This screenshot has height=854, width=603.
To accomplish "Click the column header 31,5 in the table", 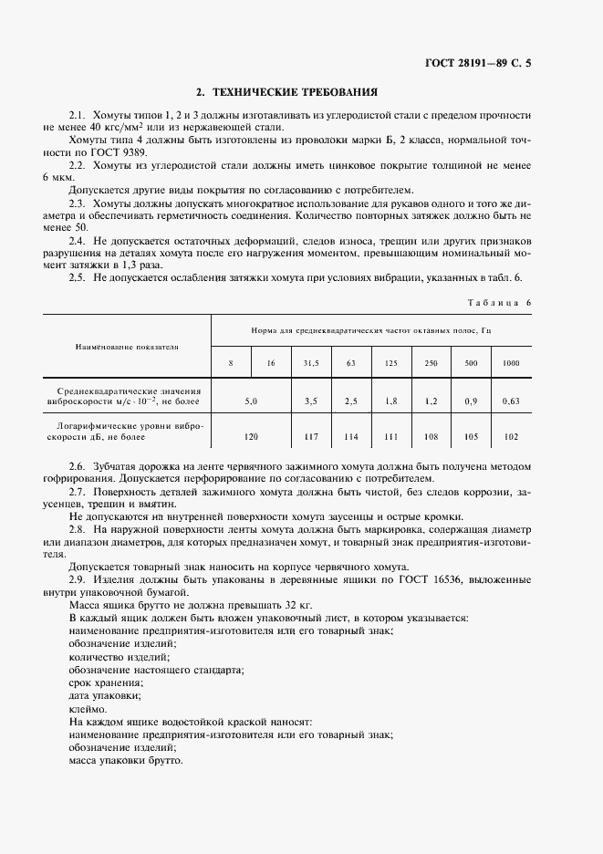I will point(311,363).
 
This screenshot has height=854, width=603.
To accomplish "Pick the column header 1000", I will point(511,363).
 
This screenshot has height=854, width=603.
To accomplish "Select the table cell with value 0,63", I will point(511,401).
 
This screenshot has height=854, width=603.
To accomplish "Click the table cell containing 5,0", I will point(252,401).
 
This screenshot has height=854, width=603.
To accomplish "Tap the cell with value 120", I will point(252,436).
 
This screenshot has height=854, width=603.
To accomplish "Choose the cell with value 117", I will point(311,436).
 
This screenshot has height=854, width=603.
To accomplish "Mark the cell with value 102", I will point(511,436).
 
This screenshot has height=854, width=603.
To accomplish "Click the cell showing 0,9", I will point(471,401).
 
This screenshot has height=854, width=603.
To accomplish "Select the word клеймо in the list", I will point(88,708).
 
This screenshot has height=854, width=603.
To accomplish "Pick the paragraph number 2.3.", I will point(78,203).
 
